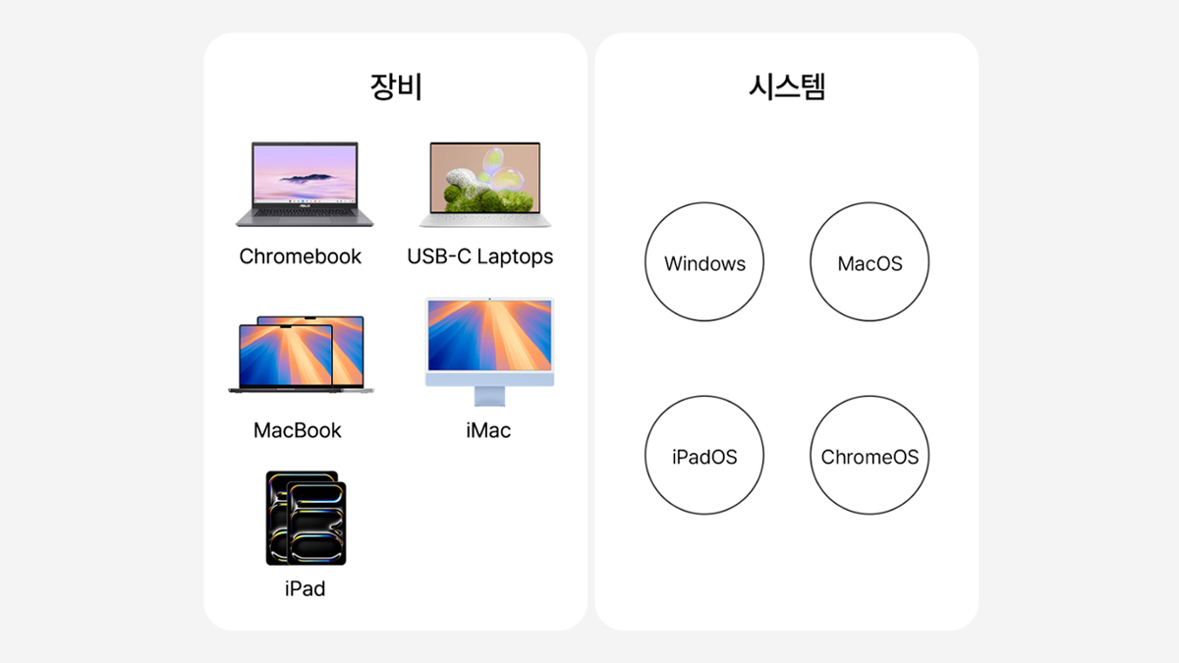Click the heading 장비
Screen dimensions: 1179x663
[x=396, y=86]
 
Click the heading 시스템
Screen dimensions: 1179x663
[x=787, y=86]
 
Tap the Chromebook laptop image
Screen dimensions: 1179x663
[x=305, y=185]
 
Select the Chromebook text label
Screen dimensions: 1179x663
[x=300, y=256]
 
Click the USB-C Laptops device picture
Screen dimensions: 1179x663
[x=484, y=185]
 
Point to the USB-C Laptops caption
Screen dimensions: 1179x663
[x=480, y=256]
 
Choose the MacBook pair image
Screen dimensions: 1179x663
[x=301, y=355]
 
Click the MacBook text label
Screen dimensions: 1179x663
[x=298, y=430]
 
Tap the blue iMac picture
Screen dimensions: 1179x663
[x=489, y=352]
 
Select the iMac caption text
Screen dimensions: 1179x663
[x=488, y=430]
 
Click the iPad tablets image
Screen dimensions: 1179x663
[x=306, y=519]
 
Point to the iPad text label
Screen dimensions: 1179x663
[x=306, y=588]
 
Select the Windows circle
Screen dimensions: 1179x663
[x=704, y=261]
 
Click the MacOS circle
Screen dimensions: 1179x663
[x=870, y=261]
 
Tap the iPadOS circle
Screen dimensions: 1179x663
[x=704, y=455]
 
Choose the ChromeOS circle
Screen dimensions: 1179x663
[x=870, y=455]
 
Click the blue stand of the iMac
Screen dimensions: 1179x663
[x=489, y=396]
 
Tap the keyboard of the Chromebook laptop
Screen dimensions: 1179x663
[x=305, y=212]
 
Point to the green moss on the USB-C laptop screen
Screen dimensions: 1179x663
[x=487, y=198]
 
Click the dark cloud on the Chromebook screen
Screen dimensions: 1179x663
[x=308, y=178]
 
